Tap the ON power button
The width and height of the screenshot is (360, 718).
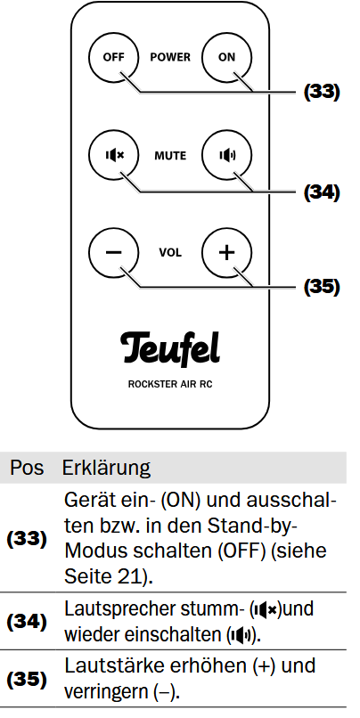[226, 57]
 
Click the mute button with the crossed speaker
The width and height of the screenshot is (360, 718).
[113, 156]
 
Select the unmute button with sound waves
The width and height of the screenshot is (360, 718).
[226, 156]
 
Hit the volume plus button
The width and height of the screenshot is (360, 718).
[226, 252]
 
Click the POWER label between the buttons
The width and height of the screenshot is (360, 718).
[170, 57]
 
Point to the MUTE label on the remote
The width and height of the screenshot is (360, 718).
[170, 156]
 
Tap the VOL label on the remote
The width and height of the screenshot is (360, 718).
[170, 253]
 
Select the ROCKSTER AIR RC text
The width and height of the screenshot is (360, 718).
[170, 385]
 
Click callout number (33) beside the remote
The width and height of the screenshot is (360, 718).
[322, 92]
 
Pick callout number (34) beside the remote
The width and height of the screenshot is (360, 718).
[322, 192]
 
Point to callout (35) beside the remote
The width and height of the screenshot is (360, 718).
[322, 287]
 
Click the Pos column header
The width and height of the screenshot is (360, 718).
[27, 468]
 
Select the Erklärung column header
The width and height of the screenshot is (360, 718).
[106, 468]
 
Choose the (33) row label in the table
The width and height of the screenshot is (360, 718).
[27, 540]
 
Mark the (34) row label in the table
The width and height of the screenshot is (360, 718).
[27, 622]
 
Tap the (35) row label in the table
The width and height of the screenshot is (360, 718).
[27, 680]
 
